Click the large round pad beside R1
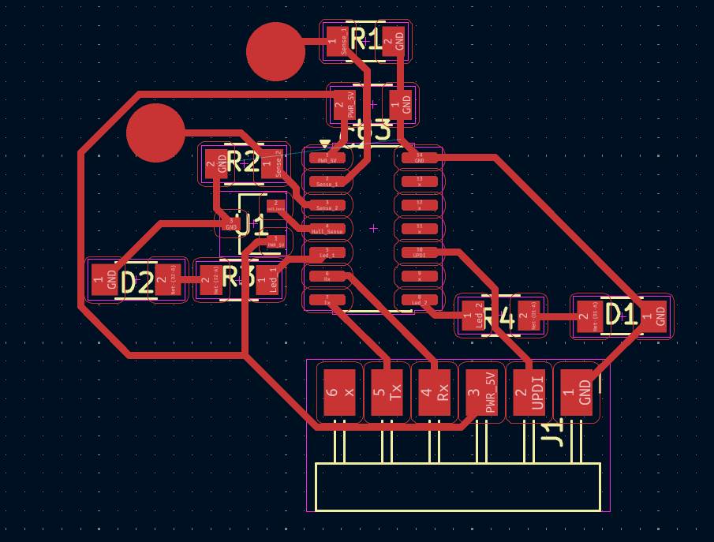pyautogui.click(x=275, y=52)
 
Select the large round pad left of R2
pyautogui.click(x=155, y=133)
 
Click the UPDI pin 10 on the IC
pyautogui.click(x=419, y=253)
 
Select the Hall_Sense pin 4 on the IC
pyautogui.click(x=327, y=229)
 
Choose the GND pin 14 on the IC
pyautogui.click(x=419, y=157)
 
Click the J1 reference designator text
pyautogui.click(x=555, y=432)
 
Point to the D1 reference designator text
pyautogui.click(x=620, y=314)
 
